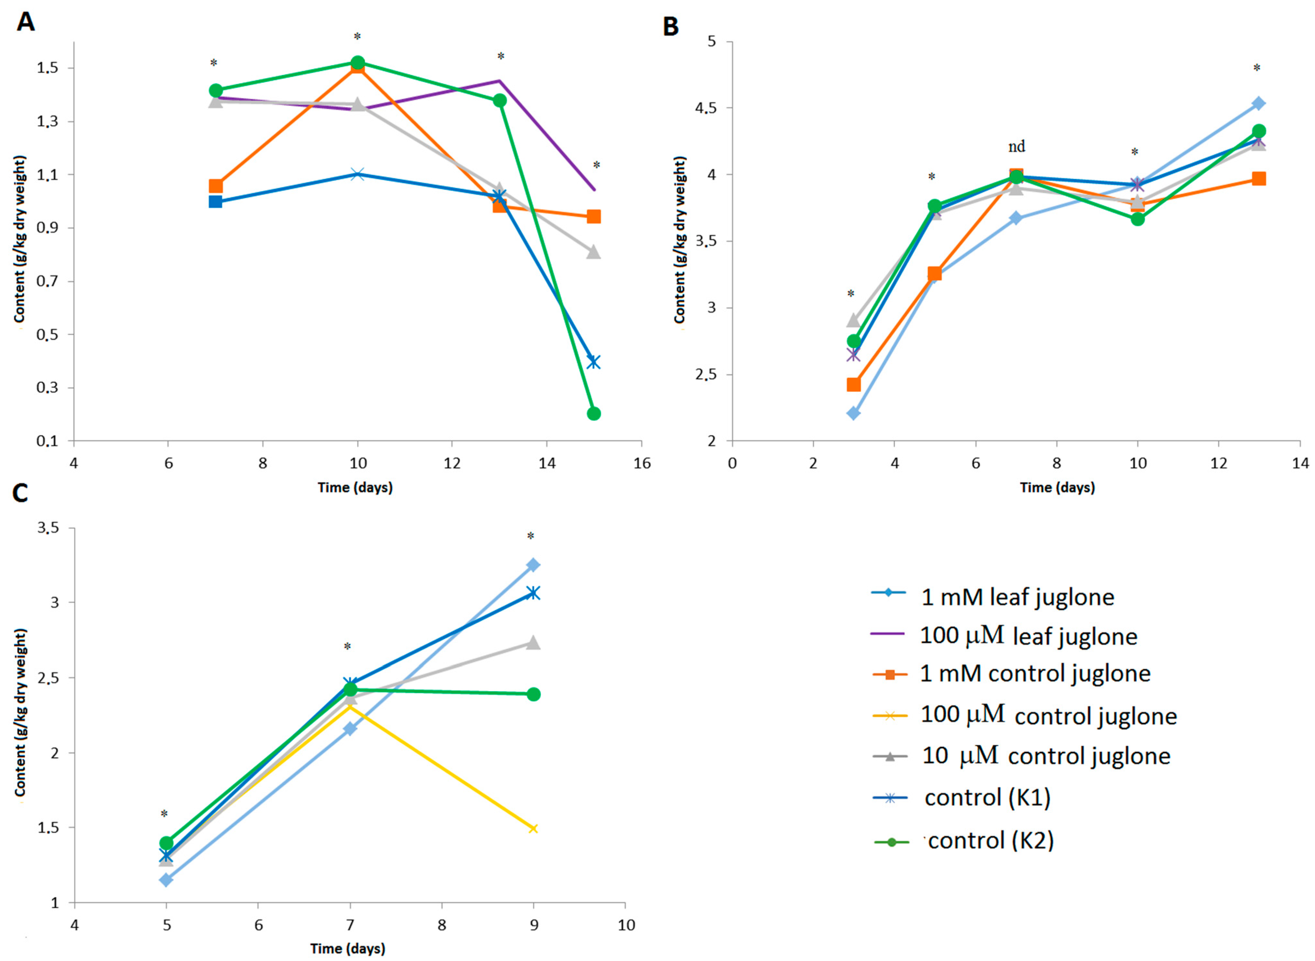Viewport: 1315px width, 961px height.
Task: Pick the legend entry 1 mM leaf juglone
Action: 993,597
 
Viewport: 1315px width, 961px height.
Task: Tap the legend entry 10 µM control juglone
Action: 1022,756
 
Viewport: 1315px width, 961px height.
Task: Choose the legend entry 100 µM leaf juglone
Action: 1004,635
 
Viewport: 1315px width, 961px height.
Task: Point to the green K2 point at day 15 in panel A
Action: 594,413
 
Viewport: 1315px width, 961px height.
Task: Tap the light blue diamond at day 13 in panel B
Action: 1258,104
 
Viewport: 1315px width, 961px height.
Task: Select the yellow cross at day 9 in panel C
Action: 533,828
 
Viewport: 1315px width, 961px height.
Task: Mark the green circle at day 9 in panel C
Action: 533,694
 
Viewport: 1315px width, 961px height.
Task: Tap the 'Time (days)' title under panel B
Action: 1057,487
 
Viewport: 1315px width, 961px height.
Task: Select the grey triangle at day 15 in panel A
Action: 594,251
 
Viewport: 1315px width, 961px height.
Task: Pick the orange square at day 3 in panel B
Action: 854,384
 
